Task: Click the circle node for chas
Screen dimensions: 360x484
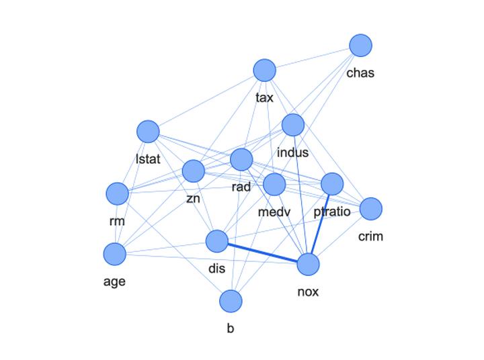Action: pyautogui.click(x=361, y=46)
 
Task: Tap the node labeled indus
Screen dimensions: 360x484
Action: pyautogui.click(x=293, y=125)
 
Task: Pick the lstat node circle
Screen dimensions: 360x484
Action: pyautogui.click(x=148, y=132)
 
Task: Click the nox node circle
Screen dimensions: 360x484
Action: pyautogui.click(x=308, y=265)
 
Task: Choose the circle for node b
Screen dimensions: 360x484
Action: pyautogui.click(x=231, y=302)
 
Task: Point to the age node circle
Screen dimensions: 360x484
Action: pyautogui.click(x=115, y=255)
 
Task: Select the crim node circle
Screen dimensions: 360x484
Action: pyautogui.click(x=370, y=209)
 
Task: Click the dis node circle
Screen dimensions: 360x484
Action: pyautogui.click(x=216, y=241)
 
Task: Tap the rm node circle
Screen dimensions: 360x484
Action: pyautogui.click(x=117, y=194)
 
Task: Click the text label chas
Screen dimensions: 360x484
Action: pyautogui.click(x=360, y=73)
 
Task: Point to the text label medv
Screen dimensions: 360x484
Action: pyautogui.click(x=274, y=213)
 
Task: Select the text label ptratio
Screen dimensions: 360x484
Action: pyautogui.click(x=332, y=213)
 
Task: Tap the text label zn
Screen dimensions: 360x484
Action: pyautogui.click(x=193, y=199)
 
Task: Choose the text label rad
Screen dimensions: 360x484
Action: pyautogui.click(x=241, y=187)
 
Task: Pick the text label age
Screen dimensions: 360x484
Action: pyautogui.click(x=114, y=282)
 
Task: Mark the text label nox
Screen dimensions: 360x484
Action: pyautogui.click(x=308, y=292)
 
